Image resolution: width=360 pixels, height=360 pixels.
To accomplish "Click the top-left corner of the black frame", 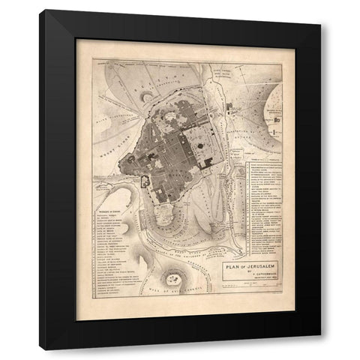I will [45, 10].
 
